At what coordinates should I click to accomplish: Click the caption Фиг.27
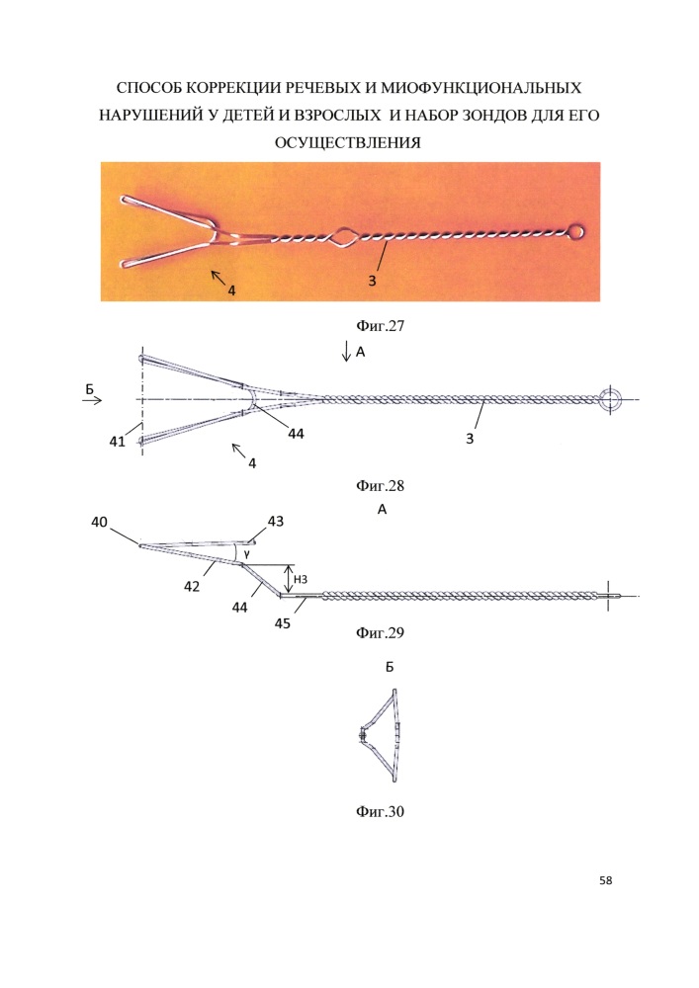click(x=380, y=326)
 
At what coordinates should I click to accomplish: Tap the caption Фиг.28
click(x=380, y=486)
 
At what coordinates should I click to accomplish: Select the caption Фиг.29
click(x=380, y=632)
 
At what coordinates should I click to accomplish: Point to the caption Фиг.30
click(x=380, y=811)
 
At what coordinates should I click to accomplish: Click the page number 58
click(x=606, y=880)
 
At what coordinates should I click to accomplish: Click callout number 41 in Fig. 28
click(x=118, y=442)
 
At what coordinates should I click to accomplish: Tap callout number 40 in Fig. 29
click(x=100, y=522)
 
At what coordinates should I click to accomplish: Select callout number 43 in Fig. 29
click(x=276, y=521)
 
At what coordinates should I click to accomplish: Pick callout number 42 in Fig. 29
click(x=192, y=586)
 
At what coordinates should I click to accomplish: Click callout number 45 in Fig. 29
click(x=283, y=623)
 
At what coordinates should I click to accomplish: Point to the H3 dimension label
click(x=301, y=579)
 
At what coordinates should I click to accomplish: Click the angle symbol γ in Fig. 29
click(x=246, y=554)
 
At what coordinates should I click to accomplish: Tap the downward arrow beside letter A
click(x=346, y=351)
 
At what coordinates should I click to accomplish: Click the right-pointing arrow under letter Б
click(x=92, y=399)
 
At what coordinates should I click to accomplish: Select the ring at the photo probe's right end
click(x=576, y=231)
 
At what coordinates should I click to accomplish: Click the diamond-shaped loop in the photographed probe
click(x=343, y=237)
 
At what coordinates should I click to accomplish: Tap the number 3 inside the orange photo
click(x=372, y=281)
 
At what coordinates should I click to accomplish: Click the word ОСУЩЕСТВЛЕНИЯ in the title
click(x=348, y=143)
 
